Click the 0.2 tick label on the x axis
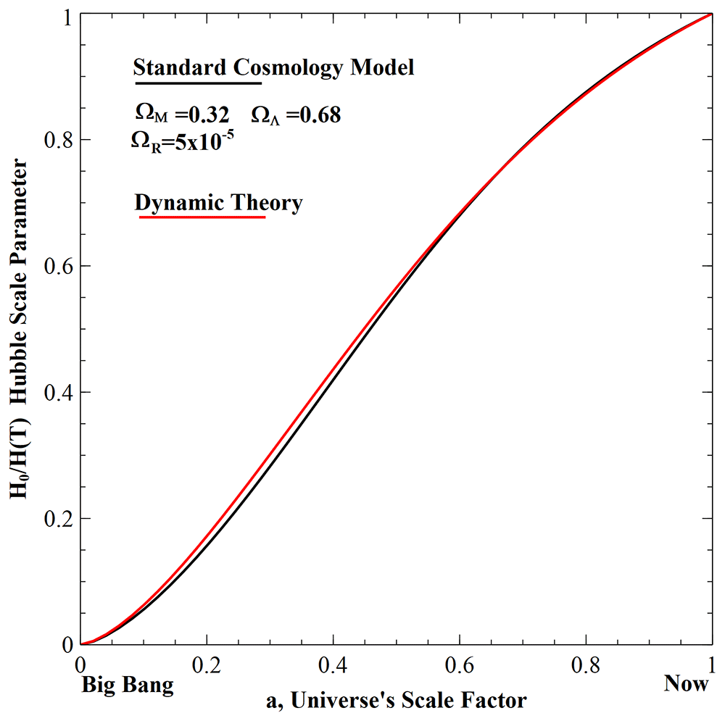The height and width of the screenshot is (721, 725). point(207,664)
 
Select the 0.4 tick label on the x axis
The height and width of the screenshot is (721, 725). point(333,664)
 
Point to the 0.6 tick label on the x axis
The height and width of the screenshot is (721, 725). point(459,664)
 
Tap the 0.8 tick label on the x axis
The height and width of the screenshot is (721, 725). point(585,664)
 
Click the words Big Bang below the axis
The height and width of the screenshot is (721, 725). point(128,685)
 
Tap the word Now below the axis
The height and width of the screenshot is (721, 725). point(687,684)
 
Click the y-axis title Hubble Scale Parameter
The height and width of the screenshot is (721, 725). point(20,330)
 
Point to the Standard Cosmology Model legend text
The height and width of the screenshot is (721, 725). point(274,68)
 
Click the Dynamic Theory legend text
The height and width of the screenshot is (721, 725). point(218,204)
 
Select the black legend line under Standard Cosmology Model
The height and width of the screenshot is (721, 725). point(196,82)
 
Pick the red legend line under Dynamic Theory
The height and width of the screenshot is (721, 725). point(202,217)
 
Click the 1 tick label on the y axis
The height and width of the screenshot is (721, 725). point(66,17)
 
